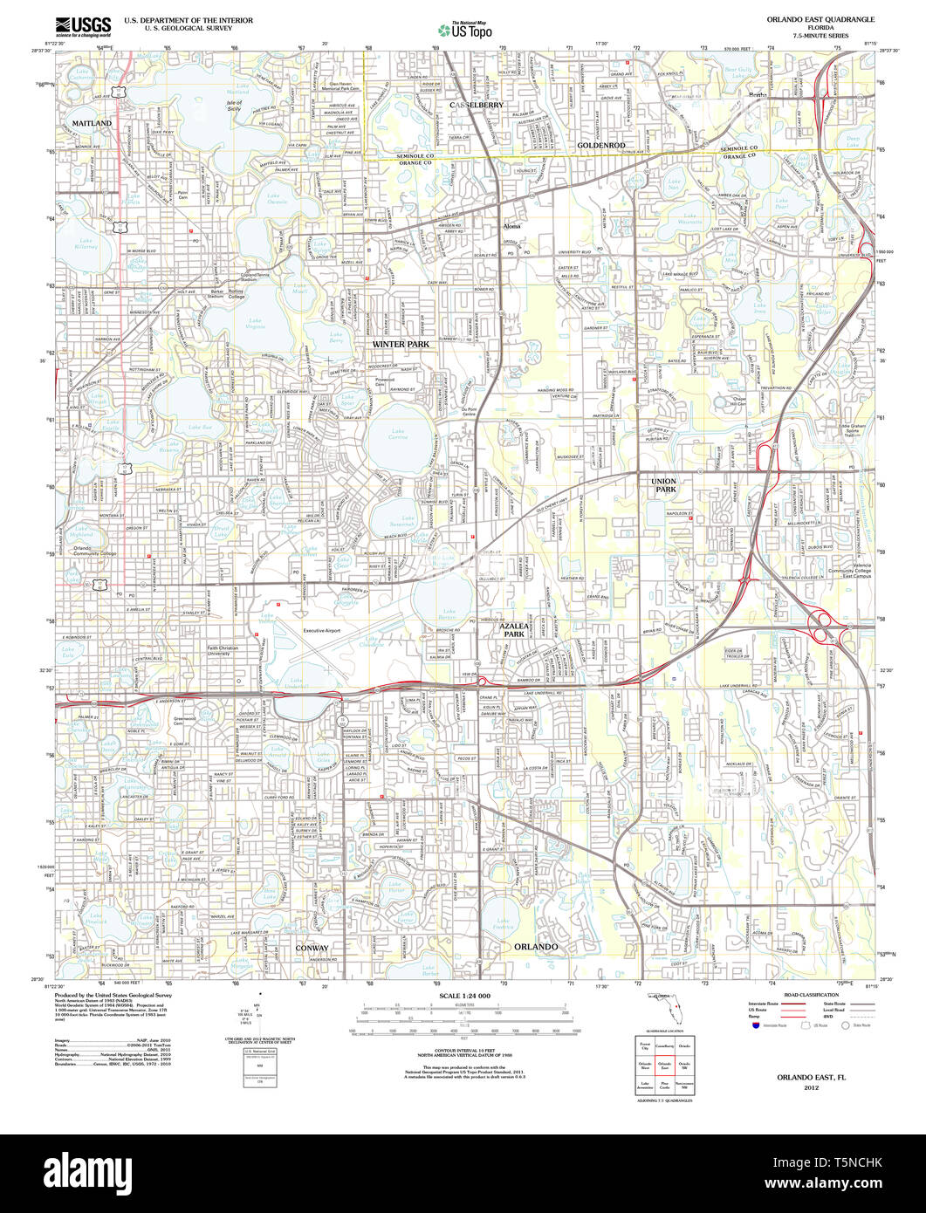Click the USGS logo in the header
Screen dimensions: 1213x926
coord(83,24)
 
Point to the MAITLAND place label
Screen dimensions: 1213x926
coord(92,124)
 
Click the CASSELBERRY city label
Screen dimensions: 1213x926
coord(477,105)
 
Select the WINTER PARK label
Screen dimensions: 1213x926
coord(401,345)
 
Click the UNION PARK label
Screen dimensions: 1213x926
coord(663,485)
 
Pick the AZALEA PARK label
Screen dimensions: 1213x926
coord(514,631)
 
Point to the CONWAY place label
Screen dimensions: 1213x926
coord(312,947)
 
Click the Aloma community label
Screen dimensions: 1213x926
coord(512,227)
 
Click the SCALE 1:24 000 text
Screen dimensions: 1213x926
coord(465,996)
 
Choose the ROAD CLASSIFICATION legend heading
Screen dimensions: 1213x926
coord(812,995)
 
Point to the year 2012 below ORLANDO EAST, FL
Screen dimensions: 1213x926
coord(812,1087)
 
